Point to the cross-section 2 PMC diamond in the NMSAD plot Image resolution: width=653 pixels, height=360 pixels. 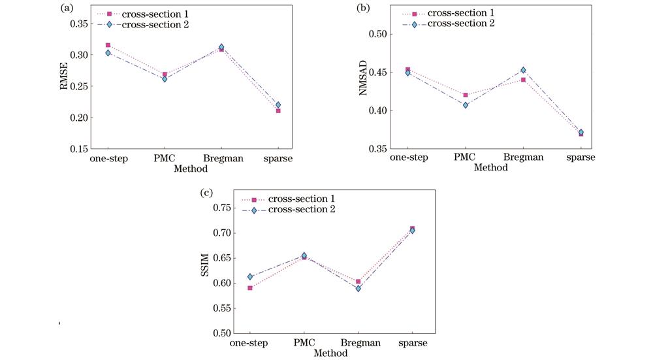pos(466,105)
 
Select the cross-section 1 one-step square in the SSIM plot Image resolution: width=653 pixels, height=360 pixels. pos(250,288)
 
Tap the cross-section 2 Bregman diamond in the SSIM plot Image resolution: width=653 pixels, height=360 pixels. pos(358,288)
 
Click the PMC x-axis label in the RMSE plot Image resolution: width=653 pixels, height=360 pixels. pos(164,159)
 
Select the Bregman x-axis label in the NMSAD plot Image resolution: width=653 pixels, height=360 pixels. pos(523,159)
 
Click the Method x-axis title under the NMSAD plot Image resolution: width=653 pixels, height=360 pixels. pos(491,168)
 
